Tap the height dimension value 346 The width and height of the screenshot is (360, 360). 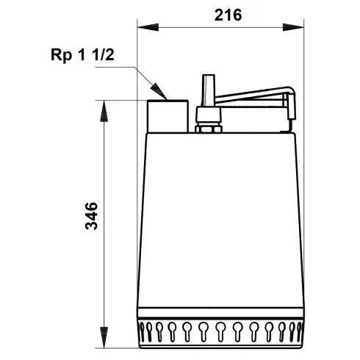91,215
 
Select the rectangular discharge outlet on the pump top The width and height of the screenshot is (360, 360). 168,116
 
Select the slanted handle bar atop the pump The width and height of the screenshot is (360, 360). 253,96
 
